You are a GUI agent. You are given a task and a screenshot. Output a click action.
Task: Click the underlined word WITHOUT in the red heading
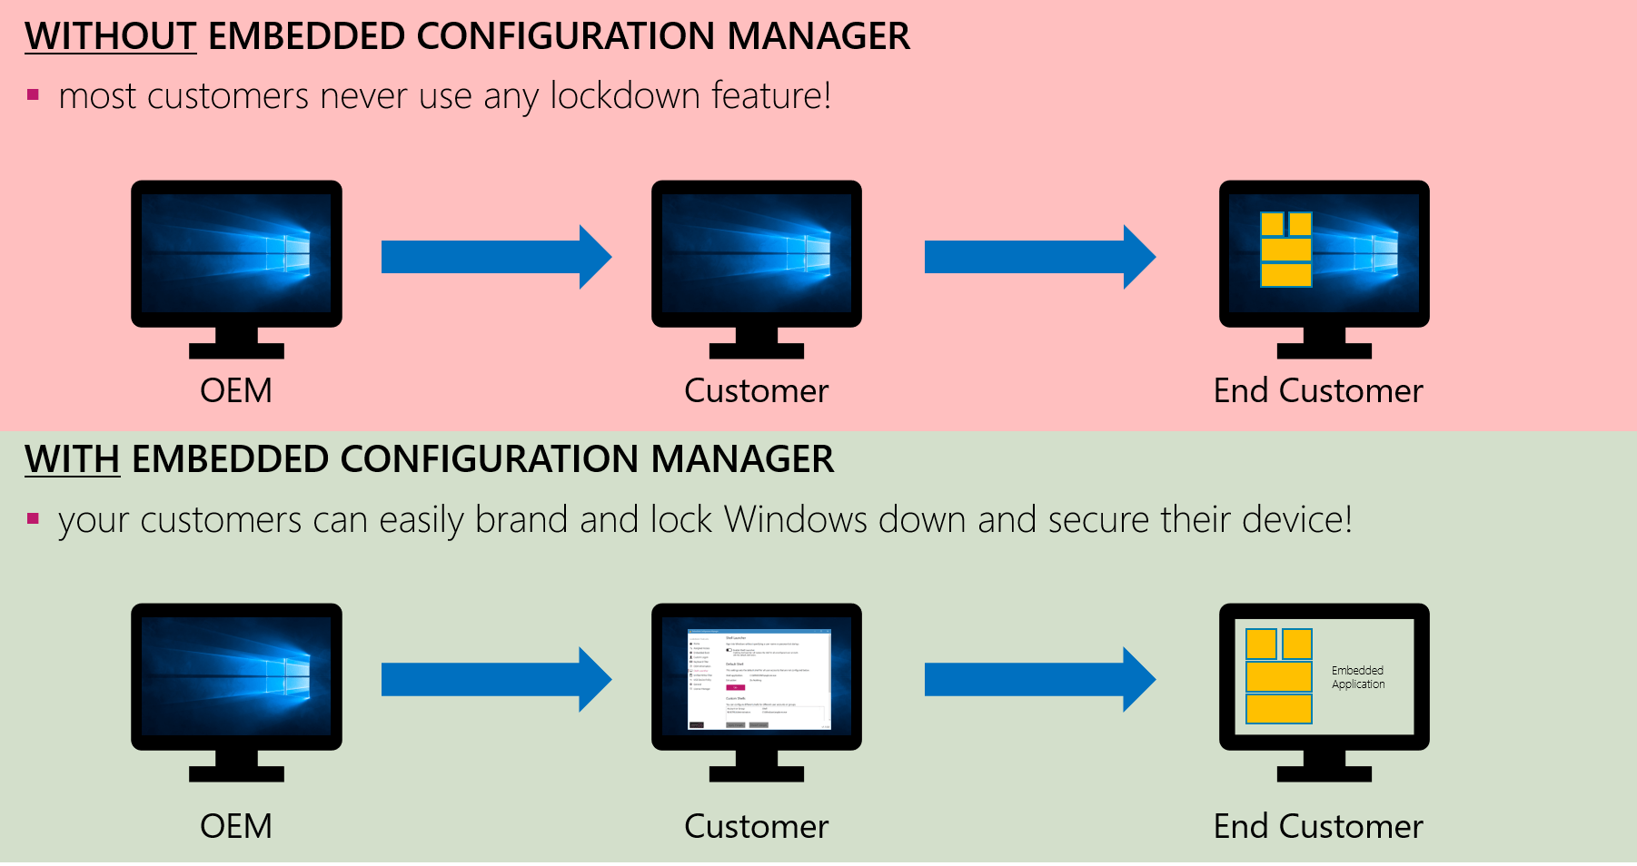coord(110,36)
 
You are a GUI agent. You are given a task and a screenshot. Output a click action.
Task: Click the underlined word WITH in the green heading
coord(72,459)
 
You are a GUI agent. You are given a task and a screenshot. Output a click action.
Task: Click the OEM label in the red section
coord(236,390)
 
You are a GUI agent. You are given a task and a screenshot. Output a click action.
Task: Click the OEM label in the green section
coord(236,826)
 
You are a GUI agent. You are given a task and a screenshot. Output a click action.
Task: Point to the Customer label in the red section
coord(756,390)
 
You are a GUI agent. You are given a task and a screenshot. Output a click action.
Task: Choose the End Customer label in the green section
coord(1317,826)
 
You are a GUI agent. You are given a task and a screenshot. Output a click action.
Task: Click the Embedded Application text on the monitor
coord(1358,677)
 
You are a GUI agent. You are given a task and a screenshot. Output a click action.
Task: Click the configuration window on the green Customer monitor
coord(759,679)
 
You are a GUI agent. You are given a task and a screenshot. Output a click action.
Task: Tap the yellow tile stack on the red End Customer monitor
coord(1285,250)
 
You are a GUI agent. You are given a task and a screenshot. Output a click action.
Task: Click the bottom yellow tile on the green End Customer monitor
coord(1278,708)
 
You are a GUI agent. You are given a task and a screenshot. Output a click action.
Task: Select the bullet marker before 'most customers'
coord(34,94)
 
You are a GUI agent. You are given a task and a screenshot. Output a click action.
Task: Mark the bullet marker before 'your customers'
coord(34,519)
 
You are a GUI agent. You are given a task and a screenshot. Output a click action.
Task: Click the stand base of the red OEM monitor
coord(236,351)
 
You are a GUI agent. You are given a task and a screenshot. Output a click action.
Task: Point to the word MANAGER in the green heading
coord(742,459)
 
